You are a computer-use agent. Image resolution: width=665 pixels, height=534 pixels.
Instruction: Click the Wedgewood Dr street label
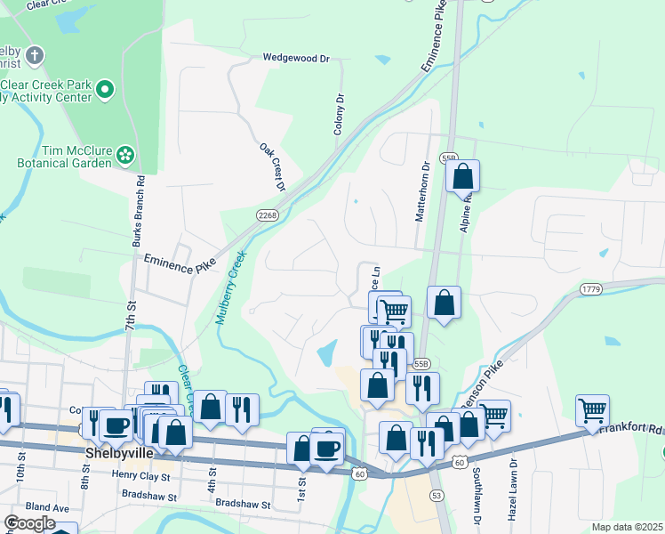click(x=296, y=58)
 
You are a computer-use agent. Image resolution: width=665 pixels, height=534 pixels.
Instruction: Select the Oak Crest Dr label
click(x=272, y=167)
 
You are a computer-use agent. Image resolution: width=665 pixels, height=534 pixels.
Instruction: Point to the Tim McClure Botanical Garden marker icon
click(x=125, y=157)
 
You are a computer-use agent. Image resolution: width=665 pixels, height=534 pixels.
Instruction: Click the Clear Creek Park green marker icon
click(x=105, y=89)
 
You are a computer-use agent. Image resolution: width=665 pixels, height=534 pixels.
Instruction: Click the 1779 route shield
click(x=591, y=289)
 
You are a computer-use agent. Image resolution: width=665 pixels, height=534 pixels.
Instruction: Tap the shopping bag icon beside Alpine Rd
click(x=463, y=176)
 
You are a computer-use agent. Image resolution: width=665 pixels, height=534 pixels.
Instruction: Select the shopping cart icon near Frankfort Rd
click(x=592, y=410)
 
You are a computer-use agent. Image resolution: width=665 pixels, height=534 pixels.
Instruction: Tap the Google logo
click(x=29, y=523)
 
